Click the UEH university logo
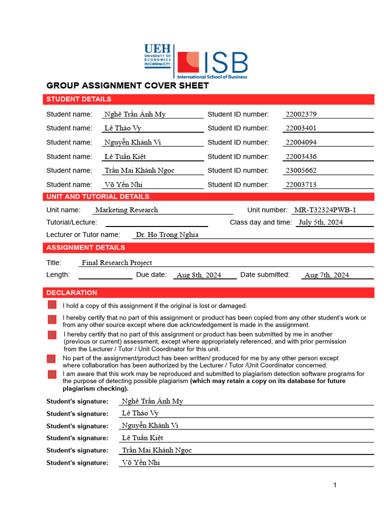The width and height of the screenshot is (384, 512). [157, 55]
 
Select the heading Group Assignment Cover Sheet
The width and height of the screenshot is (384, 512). [127, 85]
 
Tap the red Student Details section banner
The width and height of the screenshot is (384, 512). [209, 99]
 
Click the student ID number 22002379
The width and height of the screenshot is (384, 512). [300, 114]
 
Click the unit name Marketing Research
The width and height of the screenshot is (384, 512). [126, 210]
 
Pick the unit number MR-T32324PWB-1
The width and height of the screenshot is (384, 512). [325, 210]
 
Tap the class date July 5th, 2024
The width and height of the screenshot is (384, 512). [320, 222]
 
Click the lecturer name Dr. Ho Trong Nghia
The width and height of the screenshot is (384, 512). [167, 234]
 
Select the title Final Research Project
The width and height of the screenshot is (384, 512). [117, 262]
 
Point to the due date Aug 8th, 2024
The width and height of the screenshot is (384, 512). [199, 275]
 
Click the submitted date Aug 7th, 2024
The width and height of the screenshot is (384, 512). [326, 275]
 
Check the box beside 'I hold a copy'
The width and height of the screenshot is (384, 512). [52, 305]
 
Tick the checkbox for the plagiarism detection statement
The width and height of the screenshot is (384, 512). [52, 374]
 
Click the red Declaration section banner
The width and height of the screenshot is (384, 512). [209, 292]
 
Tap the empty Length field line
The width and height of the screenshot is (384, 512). [105, 275]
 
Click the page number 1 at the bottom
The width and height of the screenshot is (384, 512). [335, 485]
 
